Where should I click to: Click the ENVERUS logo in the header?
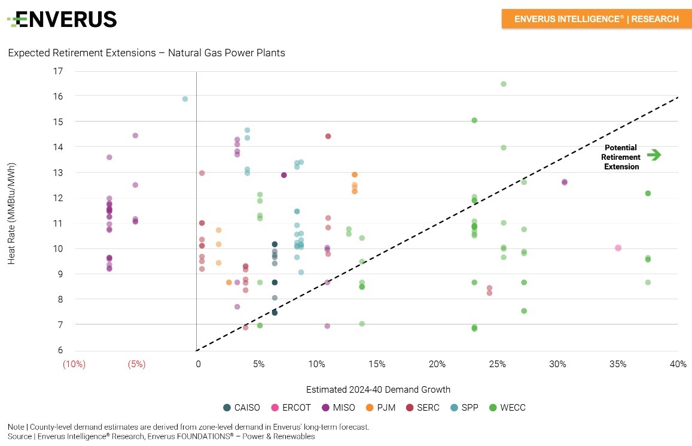[62, 19]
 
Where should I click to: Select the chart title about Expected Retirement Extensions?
[147, 53]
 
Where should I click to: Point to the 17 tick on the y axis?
[58, 71]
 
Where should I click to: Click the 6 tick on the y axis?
[60, 350]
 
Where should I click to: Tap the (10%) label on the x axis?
[74, 364]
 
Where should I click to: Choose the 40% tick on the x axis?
[678, 364]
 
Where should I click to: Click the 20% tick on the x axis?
[437, 364]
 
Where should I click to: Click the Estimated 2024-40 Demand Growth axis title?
[378, 389]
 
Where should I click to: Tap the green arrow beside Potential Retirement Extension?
[654, 155]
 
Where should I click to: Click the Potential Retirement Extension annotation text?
[621, 157]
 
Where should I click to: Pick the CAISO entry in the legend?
[242, 408]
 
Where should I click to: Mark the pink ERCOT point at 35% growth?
[618, 248]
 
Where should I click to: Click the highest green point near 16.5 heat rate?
[504, 84]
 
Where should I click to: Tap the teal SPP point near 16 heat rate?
[185, 99]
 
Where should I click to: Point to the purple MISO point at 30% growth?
[564, 182]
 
